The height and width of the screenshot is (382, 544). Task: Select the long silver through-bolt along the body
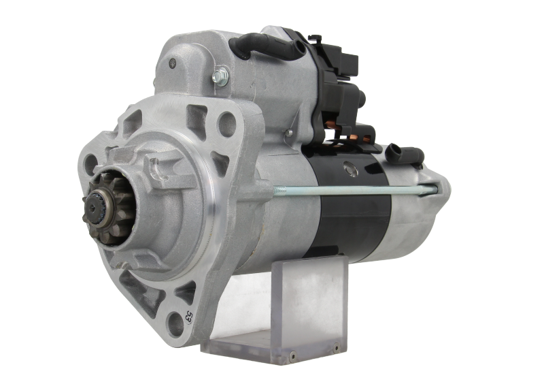pyautogui.click(x=354, y=190)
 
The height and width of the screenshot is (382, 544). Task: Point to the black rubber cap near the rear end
pyautogui.click(x=401, y=153)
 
